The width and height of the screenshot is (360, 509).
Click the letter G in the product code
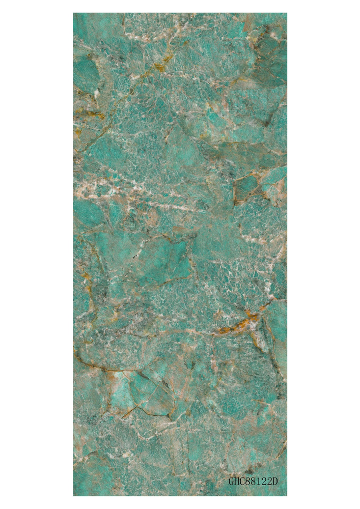231,480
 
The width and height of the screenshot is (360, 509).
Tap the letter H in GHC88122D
237,480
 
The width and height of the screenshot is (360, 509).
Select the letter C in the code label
243,480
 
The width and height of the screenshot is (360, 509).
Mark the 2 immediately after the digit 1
266,480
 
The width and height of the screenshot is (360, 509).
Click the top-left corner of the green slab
73,14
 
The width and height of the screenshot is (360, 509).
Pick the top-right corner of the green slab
287,14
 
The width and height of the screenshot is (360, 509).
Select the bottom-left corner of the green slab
73,495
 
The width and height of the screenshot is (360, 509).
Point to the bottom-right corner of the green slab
287,495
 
